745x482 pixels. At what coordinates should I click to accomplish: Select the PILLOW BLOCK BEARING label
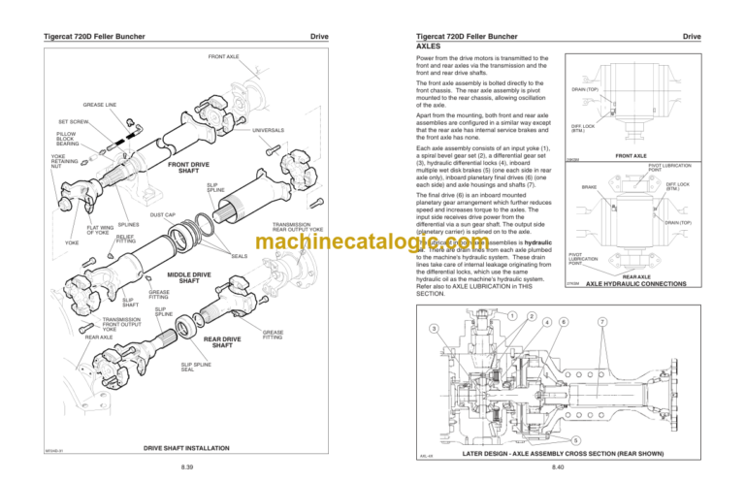pos(67,140)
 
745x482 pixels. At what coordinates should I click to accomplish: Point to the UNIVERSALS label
pos(268,131)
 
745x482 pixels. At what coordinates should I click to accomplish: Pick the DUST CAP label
pos(163,215)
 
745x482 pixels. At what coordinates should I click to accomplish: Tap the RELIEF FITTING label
pos(125,239)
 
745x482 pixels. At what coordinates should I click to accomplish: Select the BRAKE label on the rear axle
pos(589,187)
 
